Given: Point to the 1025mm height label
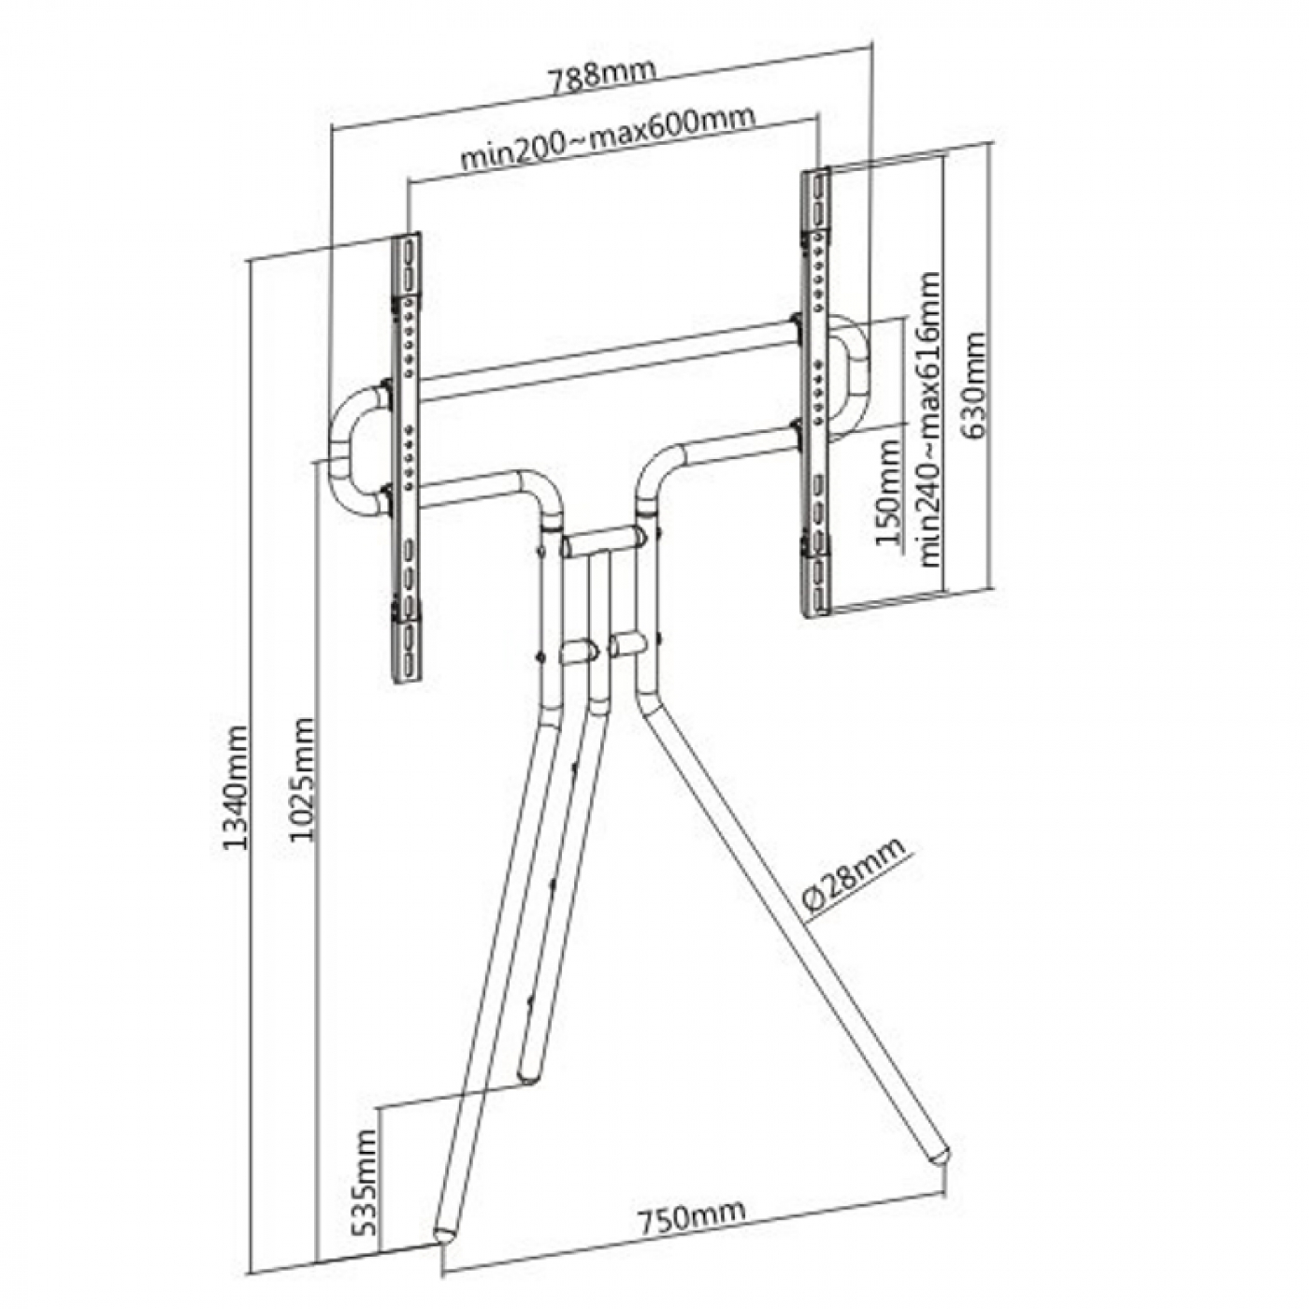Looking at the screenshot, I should pos(302,779).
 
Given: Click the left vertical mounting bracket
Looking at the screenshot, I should pos(407,458).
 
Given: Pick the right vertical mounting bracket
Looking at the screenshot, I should pos(815,393).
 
